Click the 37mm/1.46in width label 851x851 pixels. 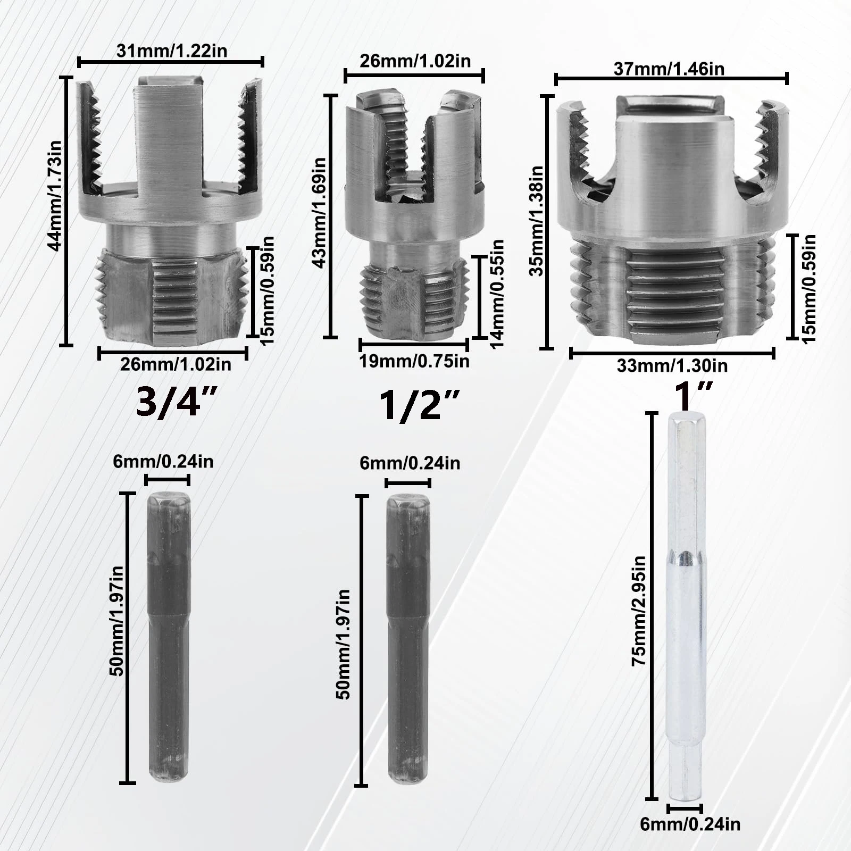coord(669,69)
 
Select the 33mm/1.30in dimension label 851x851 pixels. coord(672,366)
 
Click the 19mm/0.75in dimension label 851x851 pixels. coord(414,362)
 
